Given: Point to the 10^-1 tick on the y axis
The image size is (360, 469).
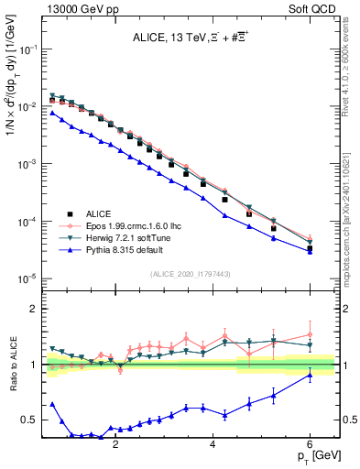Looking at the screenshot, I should (x=27, y=49).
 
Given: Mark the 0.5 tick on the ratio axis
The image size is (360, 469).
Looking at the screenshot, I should (x=29, y=420).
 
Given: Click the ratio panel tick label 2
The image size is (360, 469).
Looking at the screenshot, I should (x=33, y=309).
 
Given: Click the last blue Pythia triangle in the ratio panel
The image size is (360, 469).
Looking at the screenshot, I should (x=311, y=375).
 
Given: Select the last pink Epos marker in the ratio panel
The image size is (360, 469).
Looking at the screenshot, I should (x=311, y=334).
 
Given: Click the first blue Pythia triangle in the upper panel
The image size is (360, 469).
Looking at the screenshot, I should (x=52, y=113).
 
